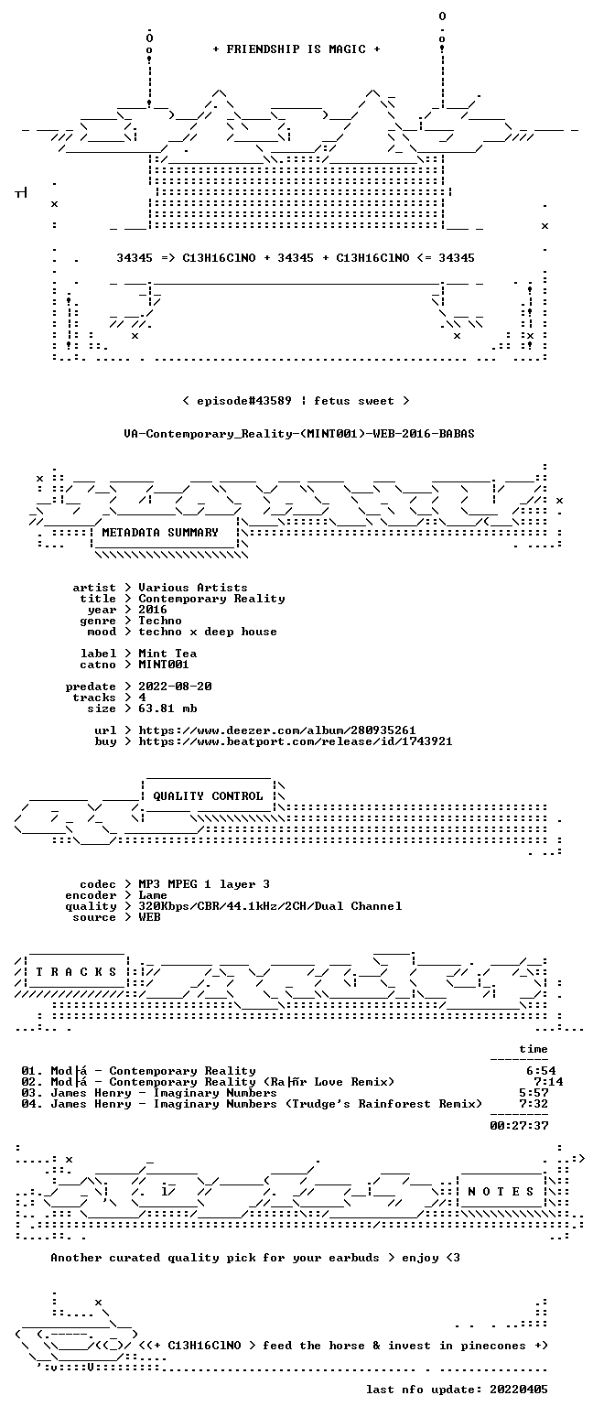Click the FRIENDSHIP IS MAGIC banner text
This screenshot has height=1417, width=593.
coord(296,49)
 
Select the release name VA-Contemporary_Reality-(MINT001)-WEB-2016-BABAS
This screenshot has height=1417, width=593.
coord(299,434)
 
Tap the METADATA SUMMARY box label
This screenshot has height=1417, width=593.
coord(160,533)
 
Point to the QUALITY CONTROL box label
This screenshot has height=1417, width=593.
coord(208,796)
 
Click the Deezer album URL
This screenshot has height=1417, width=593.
coord(277,730)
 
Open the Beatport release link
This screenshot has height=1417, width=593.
coord(296,741)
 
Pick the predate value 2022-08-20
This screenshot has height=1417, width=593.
coord(175,687)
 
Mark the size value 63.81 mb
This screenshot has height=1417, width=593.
coord(167,708)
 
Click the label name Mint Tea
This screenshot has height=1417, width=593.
coord(167,654)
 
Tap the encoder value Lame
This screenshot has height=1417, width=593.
coord(153,895)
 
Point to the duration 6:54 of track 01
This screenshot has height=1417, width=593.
coord(541,1071)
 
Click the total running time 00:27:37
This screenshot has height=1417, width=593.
coord(519,1125)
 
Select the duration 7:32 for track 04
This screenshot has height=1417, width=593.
coord(534,1104)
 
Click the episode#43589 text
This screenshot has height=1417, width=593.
coord(244,401)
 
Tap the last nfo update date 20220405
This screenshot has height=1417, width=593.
coord(519,1390)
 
